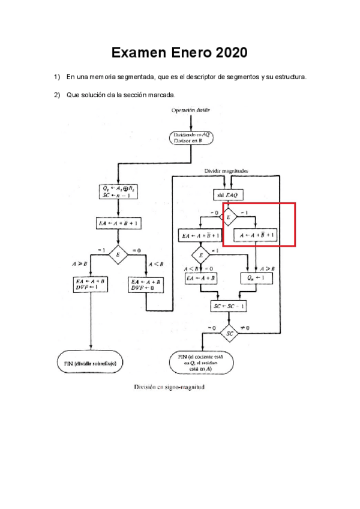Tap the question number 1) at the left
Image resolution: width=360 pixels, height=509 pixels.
tap(58, 77)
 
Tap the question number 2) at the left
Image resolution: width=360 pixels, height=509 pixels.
tap(58, 95)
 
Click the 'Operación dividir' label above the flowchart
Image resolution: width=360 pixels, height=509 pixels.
tap(190, 110)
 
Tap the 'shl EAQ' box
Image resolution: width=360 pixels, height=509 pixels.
tap(229, 194)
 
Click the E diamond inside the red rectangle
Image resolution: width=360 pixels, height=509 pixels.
tap(229, 217)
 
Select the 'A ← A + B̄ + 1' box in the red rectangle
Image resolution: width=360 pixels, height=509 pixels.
tap(256, 236)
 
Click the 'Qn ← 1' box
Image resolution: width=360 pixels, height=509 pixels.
tap(256, 279)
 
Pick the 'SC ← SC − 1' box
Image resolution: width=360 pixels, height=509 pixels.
tap(229, 306)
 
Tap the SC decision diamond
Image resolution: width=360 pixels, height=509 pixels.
tap(229, 332)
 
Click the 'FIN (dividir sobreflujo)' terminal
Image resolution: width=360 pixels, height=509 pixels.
tap(90, 363)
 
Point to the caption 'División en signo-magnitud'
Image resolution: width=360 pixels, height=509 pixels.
tap(169, 388)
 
